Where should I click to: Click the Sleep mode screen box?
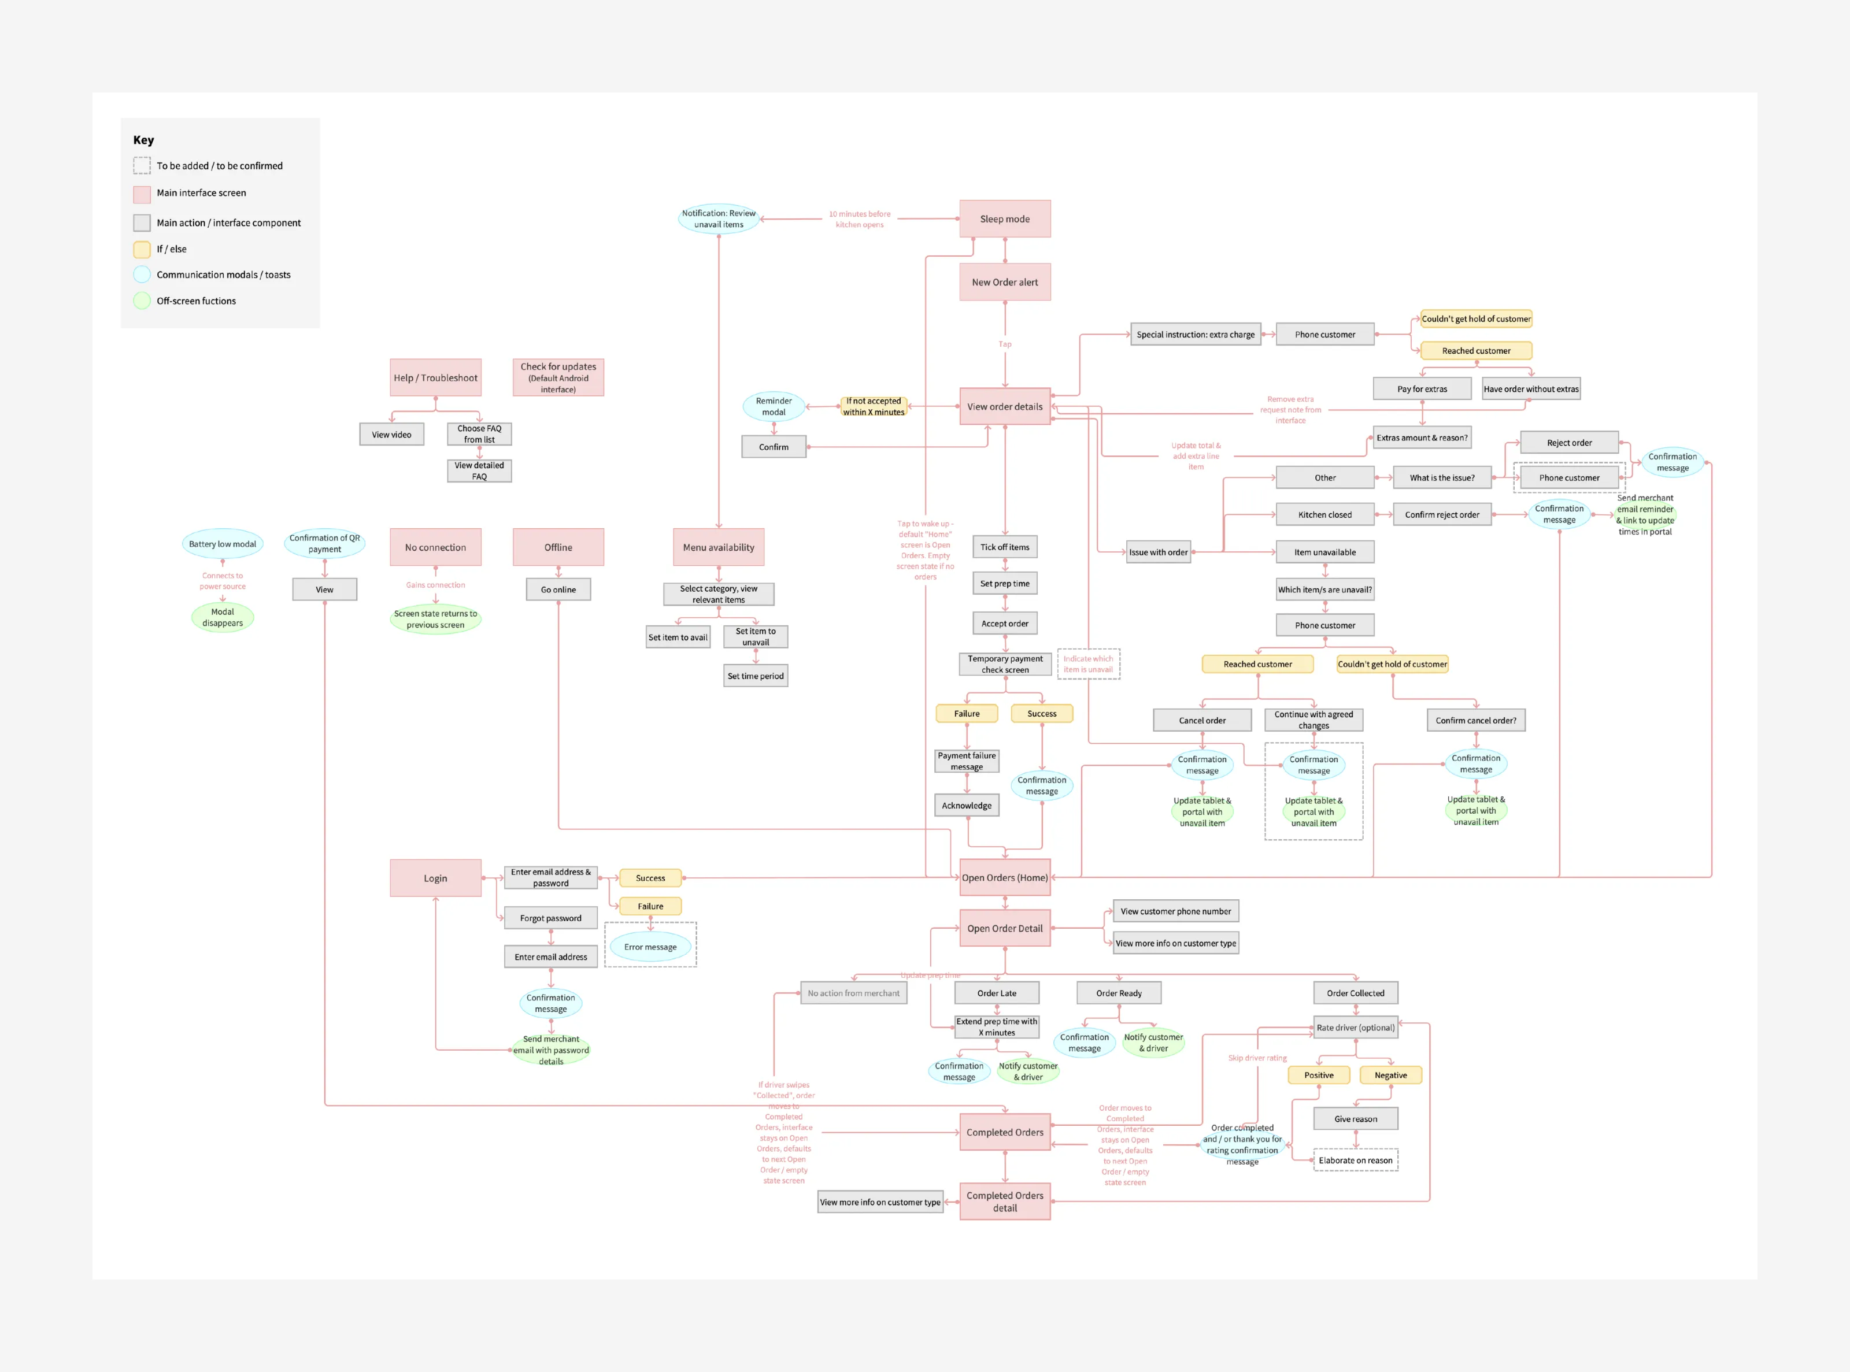coord(1004,219)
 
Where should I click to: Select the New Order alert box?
coord(1004,283)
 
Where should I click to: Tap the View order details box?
coord(1004,407)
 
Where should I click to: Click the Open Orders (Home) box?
coord(1004,878)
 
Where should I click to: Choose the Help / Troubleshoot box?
coord(435,378)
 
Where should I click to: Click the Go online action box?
coord(558,589)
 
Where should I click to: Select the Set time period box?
coord(755,676)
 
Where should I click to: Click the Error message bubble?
coord(650,947)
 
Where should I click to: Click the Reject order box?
coord(1568,443)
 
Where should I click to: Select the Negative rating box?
coord(1390,1076)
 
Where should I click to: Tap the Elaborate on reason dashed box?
coord(1355,1161)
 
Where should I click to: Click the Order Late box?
coord(996,993)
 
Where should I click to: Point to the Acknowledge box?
coord(966,806)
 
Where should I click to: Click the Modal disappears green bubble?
coord(222,618)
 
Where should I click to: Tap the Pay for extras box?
coord(1422,389)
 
